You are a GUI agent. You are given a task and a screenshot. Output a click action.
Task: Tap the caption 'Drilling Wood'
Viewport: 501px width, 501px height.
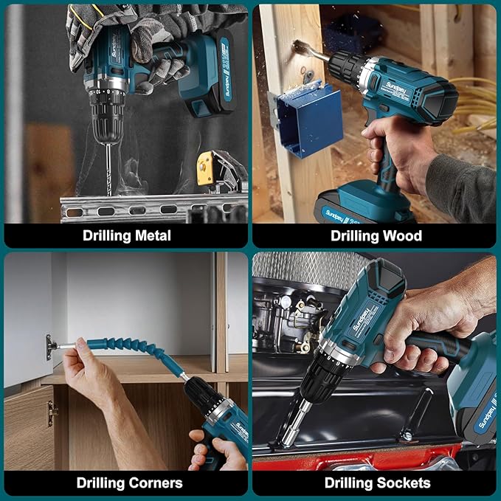(x=376, y=235)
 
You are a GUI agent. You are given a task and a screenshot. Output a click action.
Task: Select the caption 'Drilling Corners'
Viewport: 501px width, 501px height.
(x=129, y=483)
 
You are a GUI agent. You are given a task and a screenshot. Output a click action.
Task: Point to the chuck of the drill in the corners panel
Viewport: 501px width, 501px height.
(x=206, y=405)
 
